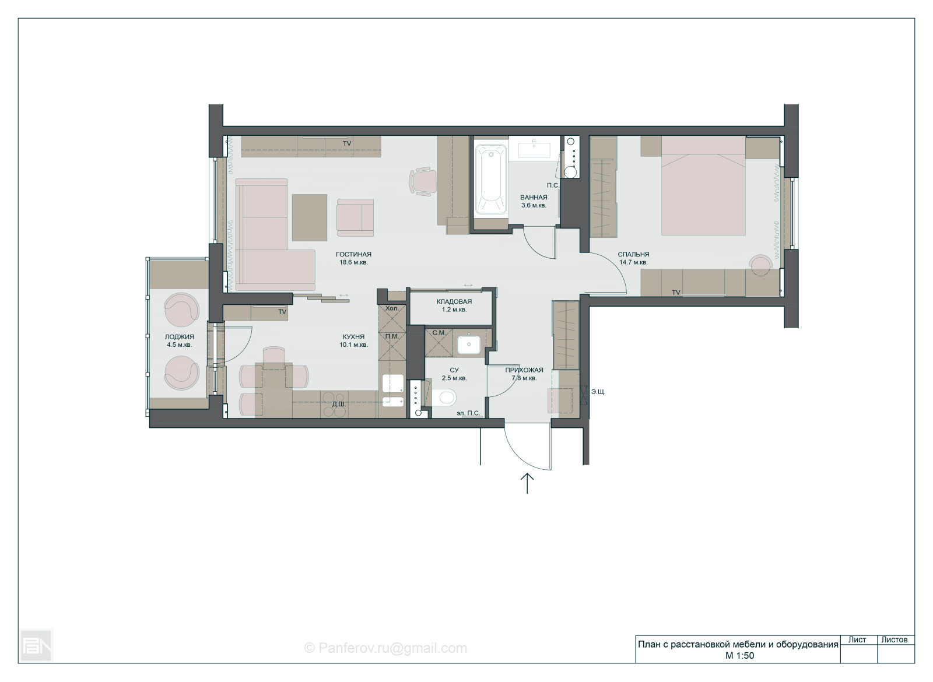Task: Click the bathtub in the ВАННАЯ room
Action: point(490,180)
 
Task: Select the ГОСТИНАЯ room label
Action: point(353,254)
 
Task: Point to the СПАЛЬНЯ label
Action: point(633,254)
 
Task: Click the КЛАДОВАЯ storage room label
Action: point(454,301)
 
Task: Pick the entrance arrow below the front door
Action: point(527,483)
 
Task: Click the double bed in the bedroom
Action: point(703,186)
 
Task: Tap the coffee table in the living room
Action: point(310,217)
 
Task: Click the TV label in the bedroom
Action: point(676,293)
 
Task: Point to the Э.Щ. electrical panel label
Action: point(598,392)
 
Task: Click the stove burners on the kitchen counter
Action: point(335,403)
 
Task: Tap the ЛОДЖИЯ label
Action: point(179,337)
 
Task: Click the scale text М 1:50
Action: point(739,655)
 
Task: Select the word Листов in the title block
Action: point(894,639)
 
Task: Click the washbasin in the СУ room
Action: point(469,344)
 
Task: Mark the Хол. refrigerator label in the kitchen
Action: point(391,308)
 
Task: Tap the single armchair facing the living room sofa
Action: point(355,218)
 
